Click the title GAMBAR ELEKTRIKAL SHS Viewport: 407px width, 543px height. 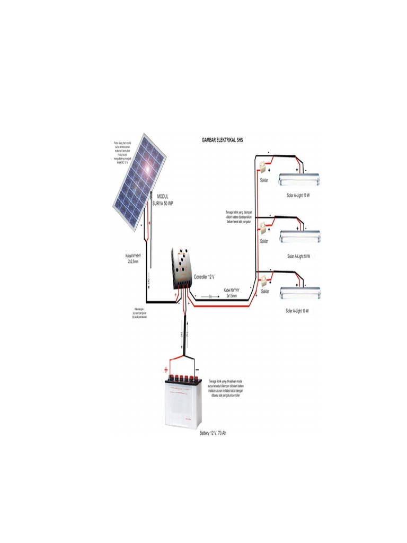click(222, 140)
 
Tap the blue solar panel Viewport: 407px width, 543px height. click(139, 180)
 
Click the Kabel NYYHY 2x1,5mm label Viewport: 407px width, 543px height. click(231, 293)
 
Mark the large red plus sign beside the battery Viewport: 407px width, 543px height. click(166, 370)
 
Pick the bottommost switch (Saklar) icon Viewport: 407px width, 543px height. click(262, 281)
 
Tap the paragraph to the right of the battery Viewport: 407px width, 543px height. click(228, 388)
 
